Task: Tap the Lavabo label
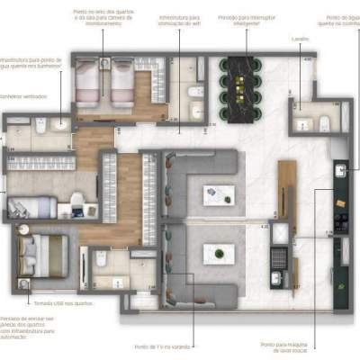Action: [301, 40]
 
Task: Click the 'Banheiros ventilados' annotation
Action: [22, 94]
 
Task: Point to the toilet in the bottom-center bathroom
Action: [102, 260]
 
